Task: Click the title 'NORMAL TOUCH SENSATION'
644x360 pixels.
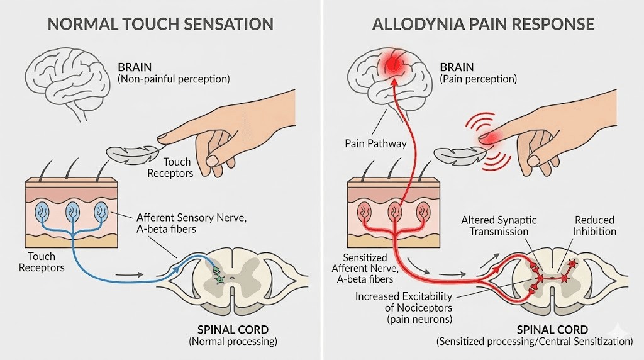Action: coord(160,25)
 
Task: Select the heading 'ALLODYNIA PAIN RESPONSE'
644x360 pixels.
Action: coord(483,25)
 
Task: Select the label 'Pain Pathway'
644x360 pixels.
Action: coord(375,143)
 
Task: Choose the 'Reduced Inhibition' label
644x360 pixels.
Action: coord(594,226)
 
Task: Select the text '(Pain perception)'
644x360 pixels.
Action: coord(478,79)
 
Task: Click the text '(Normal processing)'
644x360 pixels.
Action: coord(233,342)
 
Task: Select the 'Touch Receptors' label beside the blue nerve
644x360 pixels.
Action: coord(41,262)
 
